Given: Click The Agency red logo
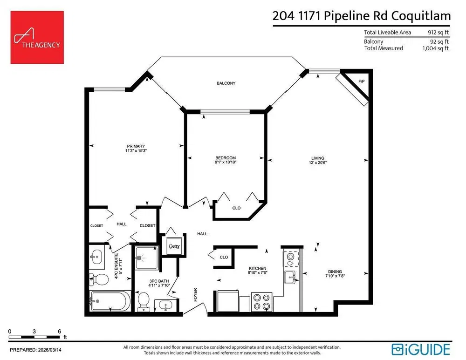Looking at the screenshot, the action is (x=37, y=37).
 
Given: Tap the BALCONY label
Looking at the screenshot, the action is (x=226, y=83).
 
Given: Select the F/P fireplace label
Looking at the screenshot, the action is (x=362, y=81).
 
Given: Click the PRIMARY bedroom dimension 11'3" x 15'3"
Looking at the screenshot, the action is (x=136, y=150).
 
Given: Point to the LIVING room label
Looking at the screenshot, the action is (x=318, y=158).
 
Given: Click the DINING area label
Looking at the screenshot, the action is (x=335, y=272).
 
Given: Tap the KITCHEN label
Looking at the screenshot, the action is (x=257, y=268).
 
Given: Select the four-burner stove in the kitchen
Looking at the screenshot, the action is (x=262, y=302).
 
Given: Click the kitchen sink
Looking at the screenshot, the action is (x=290, y=278).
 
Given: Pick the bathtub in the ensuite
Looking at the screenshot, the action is (x=110, y=301).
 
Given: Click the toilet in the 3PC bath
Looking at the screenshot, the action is (x=144, y=301).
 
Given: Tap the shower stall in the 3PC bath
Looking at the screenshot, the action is (x=146, y=258).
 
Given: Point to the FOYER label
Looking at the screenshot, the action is (x=195, y=295).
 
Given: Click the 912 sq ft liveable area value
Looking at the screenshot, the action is (x=439, y=33).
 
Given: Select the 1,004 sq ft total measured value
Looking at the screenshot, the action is (x=435, y=48).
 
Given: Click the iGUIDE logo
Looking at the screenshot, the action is (x=420, y=349).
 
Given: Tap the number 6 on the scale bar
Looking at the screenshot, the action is (x=60, y=331).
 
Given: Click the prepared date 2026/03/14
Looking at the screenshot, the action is (x=50, y=350).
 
